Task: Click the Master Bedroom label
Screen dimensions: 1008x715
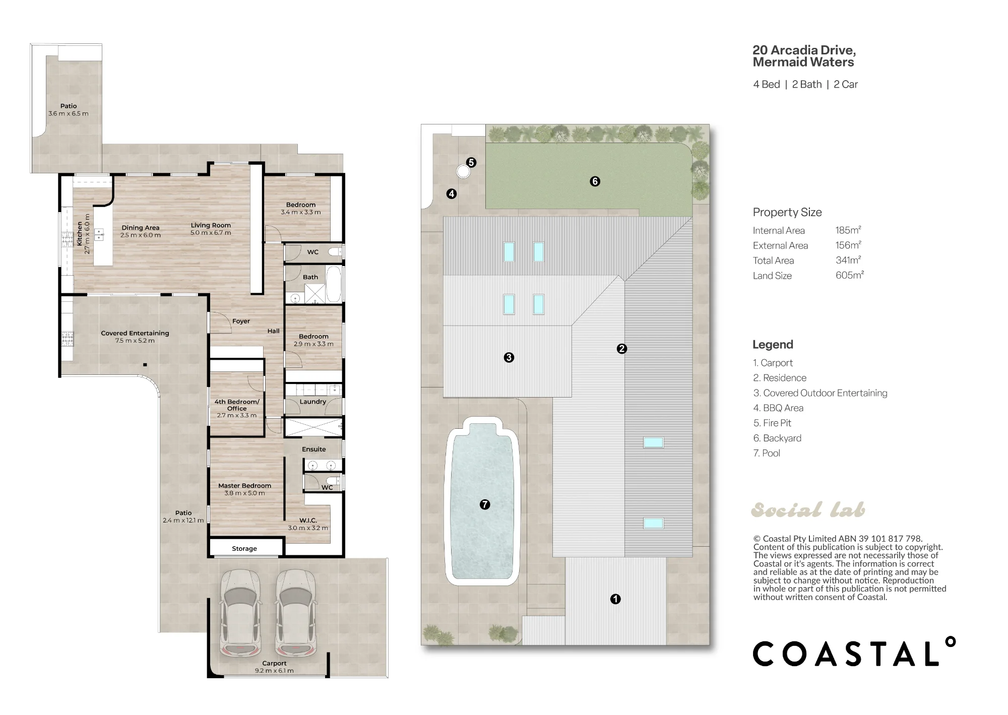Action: pyautogui.click(x=244, y=486)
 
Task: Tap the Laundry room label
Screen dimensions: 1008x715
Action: pyautogui.click(x=312, y=402)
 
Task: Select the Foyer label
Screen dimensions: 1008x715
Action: pyautogui.click(x=241, y=321)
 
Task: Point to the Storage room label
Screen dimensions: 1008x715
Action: pyautogui.click(x=244, y=549)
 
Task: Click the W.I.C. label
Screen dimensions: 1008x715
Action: pyautogui.click(x=308, y=521)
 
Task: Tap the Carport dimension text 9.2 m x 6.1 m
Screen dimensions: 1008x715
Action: pyautogui.click(x=274, y=671)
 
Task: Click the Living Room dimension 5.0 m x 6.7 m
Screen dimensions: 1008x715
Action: pyautogui.click(x=211, y=233)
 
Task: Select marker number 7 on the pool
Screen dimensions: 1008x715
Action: pyautogui.click(x=485, y=504)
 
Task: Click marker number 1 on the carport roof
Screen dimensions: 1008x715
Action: pyautogui.click(x=615, y=599)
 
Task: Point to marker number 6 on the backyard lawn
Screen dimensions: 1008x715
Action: pyautogui.click(x=595, y=181)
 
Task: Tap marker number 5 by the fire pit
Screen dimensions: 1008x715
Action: pyautogui.click(x=471, y=162)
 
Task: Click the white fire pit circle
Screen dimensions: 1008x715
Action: pyautogui.click(x=463, y=172)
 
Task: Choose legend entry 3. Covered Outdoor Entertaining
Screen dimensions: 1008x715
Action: pyautogui.click(x=820, y=393)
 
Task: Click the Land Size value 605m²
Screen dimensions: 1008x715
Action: pyautogui.click(x=850, y=275)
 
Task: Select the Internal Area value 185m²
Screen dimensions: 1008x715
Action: pyautogui.click(x=848, y=230)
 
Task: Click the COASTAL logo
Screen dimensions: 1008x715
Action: pyautogui.click(x=854, y=653)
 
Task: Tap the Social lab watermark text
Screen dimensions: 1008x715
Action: pyautogui.click(x=808, y=510)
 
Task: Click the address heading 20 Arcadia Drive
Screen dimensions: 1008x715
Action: pyautogui.click(x=804, y=50)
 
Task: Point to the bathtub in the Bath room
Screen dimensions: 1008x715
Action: pyautogui.click(x=334, y=284)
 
